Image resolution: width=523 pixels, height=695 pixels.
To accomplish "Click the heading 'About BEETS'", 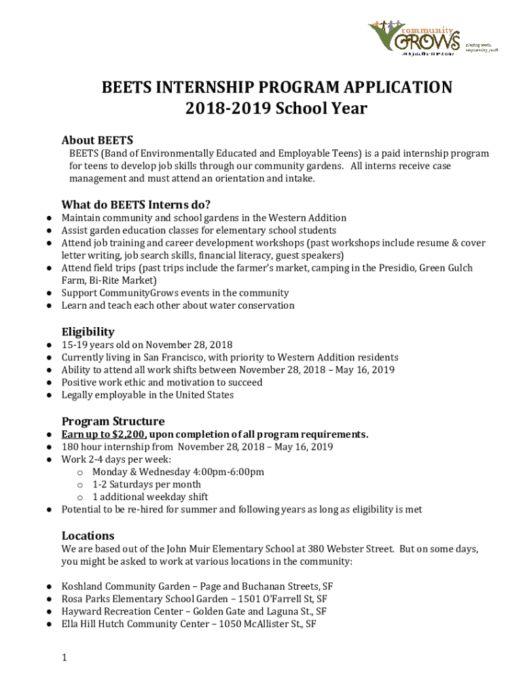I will (97, 140).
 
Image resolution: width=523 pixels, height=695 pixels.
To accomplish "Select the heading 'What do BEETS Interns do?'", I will (136, 204).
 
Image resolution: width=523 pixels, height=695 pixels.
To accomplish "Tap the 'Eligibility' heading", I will (88, 332).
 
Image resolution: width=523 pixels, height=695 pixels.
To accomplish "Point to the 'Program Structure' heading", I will (113, 421).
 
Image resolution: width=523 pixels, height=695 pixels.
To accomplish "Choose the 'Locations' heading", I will (88, 535).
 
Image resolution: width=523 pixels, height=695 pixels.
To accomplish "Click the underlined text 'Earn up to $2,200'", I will (104, 434).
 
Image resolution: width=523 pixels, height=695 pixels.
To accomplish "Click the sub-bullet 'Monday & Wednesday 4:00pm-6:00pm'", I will (178, 472).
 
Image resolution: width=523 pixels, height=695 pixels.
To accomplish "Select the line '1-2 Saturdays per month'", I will (147, 485).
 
